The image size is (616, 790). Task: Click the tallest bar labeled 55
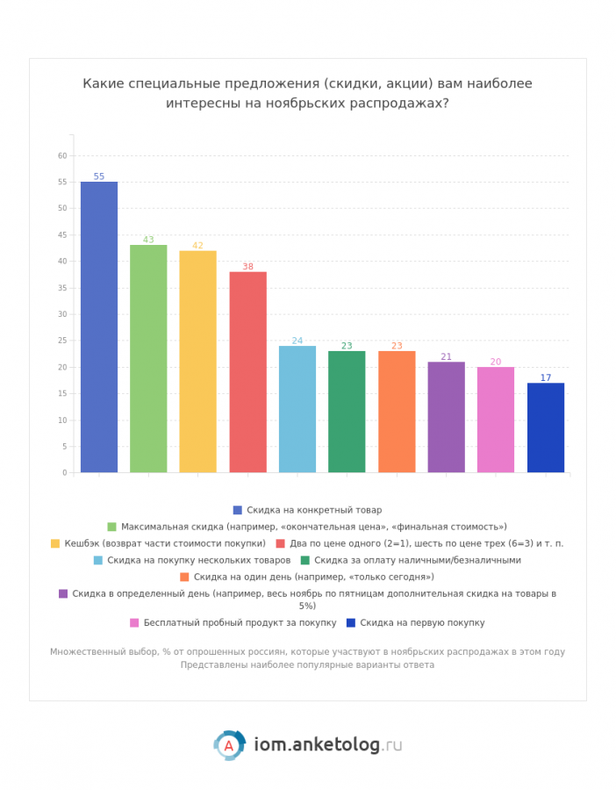tap(99, 327)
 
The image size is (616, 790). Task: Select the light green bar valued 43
tap(148, 358)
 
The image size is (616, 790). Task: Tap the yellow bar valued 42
tap(197, 362)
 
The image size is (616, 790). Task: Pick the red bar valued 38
tap(247, 372)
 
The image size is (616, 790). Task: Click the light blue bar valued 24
tap(297, 409)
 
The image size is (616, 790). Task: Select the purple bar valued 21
tap(446, 417)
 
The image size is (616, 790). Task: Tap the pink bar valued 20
tap(496, 420)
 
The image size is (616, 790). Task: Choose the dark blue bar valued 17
tap(545, 427)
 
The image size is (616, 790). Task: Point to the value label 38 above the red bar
tap(247, 266)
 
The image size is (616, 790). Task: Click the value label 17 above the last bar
tap(545, 377)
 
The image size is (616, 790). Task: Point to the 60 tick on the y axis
tap(62, 156)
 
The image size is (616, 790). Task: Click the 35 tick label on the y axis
tap(62, 288)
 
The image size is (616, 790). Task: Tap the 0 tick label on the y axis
tap(64, 473)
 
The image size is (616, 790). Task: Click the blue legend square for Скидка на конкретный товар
tap(238, 510)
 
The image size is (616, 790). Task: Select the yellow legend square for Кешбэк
tap(55, 543)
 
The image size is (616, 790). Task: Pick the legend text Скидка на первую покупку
tap(422, 623)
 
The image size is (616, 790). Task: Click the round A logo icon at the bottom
tap(230, 744)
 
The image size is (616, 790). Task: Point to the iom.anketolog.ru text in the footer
tap(328, 744)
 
